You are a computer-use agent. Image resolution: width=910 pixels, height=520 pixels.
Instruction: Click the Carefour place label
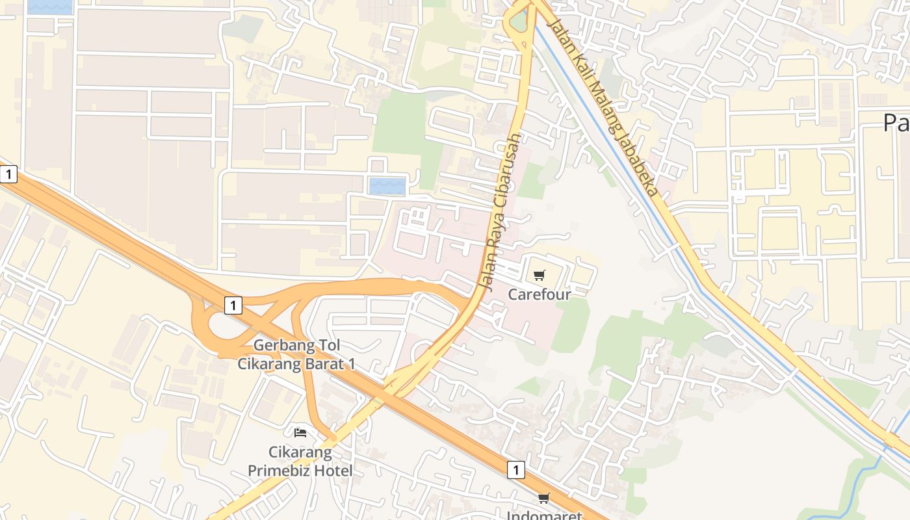pyautogui.click(x=539, y=294)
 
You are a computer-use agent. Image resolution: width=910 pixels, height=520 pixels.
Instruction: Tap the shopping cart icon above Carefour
pyautogui.click(x=539, y=276)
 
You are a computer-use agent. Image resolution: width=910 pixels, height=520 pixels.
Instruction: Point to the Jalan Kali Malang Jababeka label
pyautogui.click(x=602, y=107)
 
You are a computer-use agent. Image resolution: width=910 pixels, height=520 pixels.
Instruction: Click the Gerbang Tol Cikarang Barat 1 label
pyautogui.click(x=296, y=354)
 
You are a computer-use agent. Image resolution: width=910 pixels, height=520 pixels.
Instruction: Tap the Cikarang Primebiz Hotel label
pyautogui.click(x=300, y=461)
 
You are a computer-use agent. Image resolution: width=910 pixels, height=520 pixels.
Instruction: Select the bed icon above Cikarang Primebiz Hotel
pyautogui.click(x=300, y=432)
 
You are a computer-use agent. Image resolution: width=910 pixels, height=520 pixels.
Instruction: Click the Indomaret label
pyautogui.click(x=543, y=515)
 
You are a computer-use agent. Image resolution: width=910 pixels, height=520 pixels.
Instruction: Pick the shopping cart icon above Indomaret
pyautogui.click(x=543, y=499)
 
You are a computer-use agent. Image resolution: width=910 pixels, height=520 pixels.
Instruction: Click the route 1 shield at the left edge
pyautogui.click(x=8, y=174)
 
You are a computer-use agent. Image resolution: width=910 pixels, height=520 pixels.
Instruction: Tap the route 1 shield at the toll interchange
pyautogui.click(x=233, y=305)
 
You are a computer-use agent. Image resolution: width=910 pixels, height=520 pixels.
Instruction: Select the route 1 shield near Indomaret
pyautogui.click(x=515, y=469)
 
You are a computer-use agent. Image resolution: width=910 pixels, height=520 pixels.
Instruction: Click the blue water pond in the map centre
pyautogui.click(x=387, y=186)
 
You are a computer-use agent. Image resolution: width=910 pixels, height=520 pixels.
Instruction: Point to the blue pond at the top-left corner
pyautogui.click(x=50, y=6)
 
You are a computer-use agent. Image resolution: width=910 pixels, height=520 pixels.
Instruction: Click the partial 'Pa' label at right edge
pyautogui.click(x=896, y=122)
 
